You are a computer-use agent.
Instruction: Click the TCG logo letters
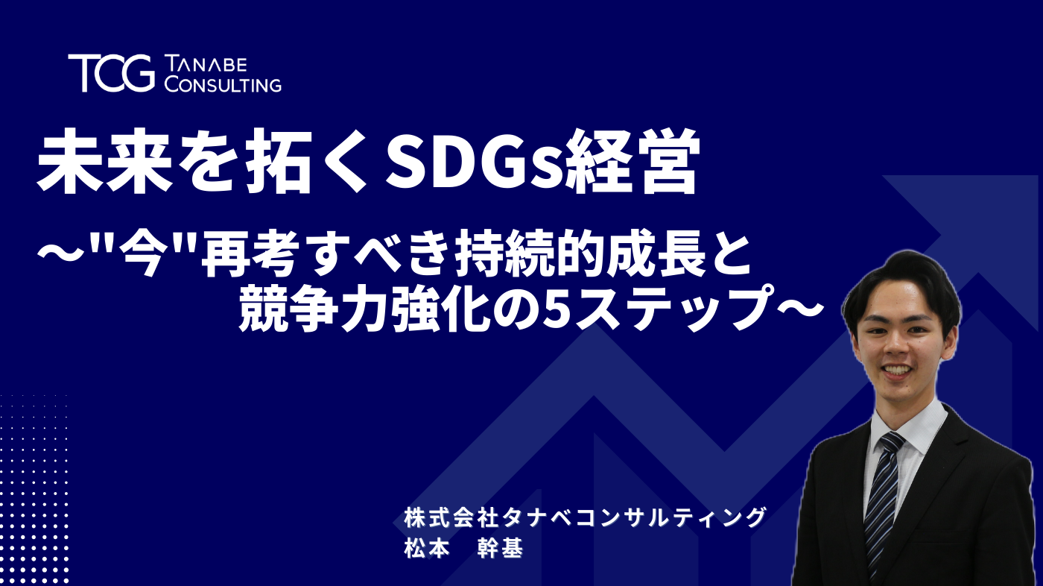point(111,72)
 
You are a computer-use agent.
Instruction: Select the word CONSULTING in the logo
point(223,84)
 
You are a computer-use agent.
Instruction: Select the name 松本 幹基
point(462,548)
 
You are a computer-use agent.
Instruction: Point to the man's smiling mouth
point(897,370)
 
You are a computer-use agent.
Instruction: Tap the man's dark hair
point(901,280)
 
